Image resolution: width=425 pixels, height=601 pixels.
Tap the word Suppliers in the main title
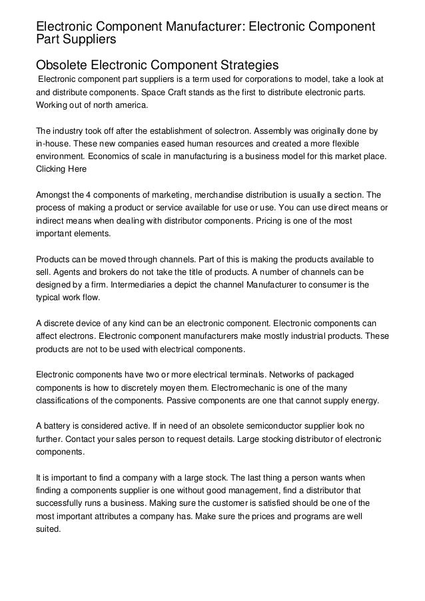point(89,40)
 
